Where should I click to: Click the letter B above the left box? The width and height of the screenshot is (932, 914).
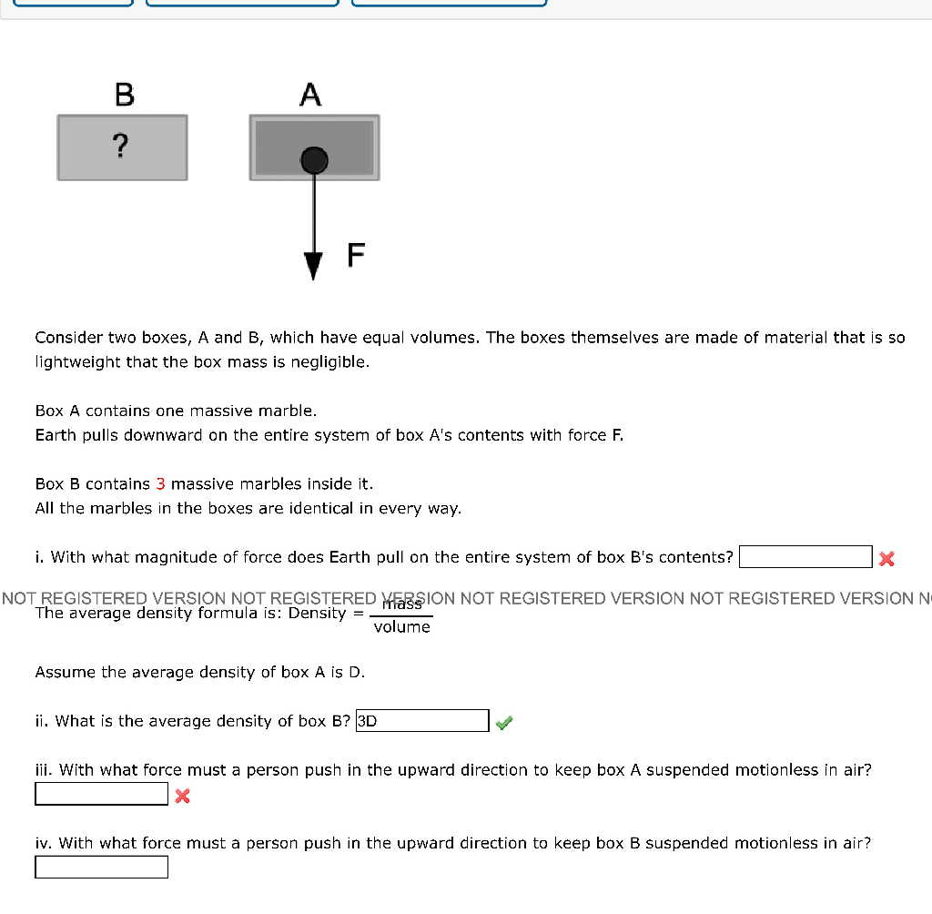point(125,94)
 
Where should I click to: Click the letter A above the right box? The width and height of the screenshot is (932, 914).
point(310,94)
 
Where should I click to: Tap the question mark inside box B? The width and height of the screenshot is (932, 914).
point(121,145)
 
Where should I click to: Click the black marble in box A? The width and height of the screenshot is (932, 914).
point(314,160)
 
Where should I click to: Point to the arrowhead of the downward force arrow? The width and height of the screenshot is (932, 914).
point(314,266)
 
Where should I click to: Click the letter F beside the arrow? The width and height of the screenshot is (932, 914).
point(356,256)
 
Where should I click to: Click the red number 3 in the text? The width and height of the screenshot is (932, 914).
point(160,483)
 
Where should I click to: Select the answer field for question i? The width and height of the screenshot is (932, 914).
point(805,556)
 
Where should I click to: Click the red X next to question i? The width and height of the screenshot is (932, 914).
point(886,558)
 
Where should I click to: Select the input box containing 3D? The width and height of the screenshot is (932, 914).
point(422,721)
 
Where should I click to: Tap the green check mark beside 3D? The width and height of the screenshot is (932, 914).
point(504,723)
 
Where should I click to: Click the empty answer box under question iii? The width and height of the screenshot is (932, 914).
point(102,795)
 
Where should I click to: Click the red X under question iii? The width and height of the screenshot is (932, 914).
point(181,797)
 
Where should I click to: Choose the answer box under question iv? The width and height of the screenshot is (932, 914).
point(102,868)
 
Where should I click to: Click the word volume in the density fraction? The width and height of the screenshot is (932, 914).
point(401,627)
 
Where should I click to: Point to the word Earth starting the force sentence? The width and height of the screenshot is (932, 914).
point(56,435)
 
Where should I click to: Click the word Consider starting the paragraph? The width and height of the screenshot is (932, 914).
point(67,338)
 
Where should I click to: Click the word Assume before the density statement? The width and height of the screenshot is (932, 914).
point(65,672)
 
